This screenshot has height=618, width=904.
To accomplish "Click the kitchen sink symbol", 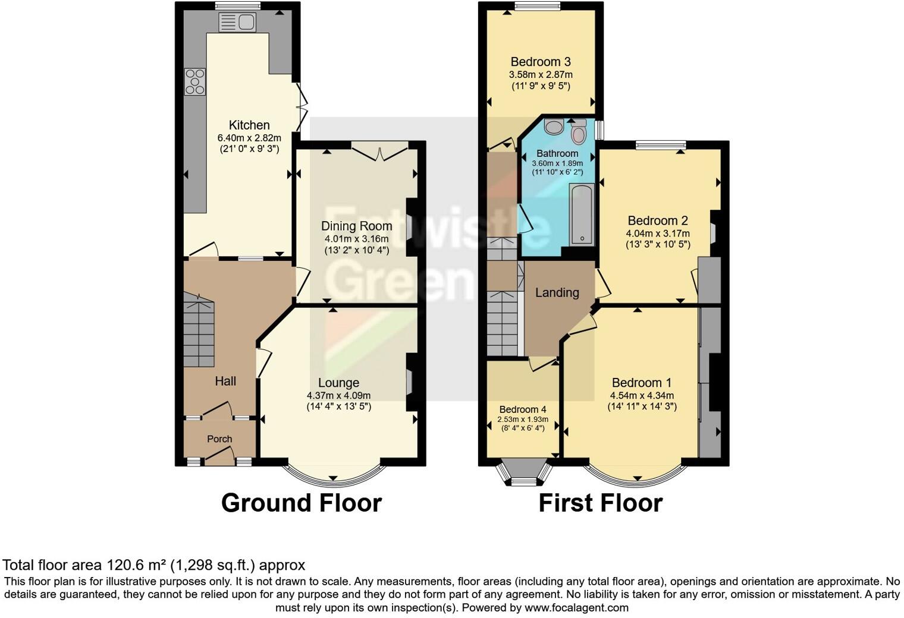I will point(237,23).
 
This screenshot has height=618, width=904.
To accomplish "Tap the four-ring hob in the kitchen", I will point(195,82).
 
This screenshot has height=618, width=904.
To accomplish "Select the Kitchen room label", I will point(249,125).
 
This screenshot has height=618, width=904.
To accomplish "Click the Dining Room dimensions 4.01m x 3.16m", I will point(356,239).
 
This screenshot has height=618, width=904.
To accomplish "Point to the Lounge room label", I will point(338,383).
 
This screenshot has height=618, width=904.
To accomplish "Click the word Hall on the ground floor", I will point(225,381).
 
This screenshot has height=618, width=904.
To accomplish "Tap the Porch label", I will point(219,439).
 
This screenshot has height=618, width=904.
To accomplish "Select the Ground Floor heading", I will point(301,503).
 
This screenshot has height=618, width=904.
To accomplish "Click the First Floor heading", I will point(600,503).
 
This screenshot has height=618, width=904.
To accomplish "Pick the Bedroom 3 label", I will point(541,62).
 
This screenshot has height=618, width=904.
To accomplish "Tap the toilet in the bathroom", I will point(578,132).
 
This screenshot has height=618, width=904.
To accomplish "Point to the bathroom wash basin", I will point(554,127).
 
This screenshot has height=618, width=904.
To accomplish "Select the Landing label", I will point(557,292).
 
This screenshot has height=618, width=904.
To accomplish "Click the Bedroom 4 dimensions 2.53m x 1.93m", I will point(523,420).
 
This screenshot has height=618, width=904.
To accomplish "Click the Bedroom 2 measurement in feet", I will point(658,244).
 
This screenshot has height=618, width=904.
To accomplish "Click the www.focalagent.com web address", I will point(575,607).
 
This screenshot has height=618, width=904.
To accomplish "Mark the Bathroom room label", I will point(557,153).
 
